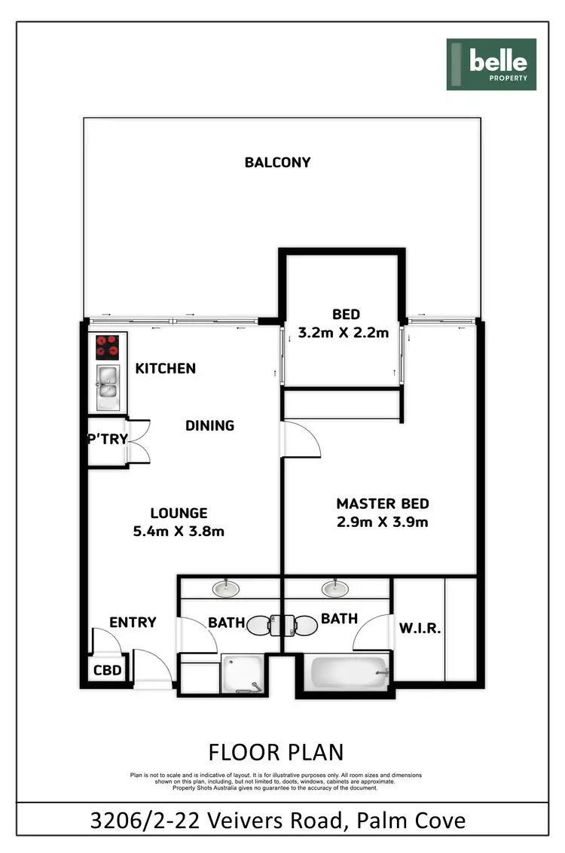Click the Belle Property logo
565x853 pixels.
[x=491, y=65]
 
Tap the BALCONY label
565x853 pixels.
[x=277, y=162]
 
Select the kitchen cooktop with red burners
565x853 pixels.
[x=108, y=347]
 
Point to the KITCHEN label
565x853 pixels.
[x=165, y=368]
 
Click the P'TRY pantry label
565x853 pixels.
[x=107, y=439]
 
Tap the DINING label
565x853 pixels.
[x=209, y=425]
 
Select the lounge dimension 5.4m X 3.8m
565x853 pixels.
[x=178, y=531]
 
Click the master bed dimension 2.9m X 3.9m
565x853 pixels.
[x=383, y=522]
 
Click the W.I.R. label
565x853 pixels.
[x=419, y=628]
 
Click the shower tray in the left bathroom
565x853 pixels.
[x=243, y=673]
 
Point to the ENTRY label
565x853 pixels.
[x=133, y=622]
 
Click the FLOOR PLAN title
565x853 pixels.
[x=276, y=752]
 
